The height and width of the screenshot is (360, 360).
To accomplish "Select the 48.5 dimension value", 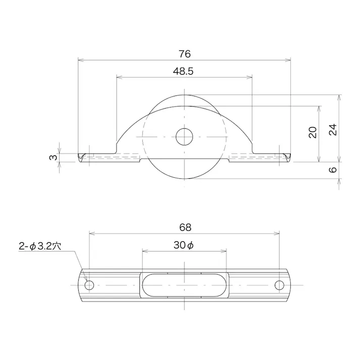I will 183,71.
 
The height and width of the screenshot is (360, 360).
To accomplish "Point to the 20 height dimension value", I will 313,132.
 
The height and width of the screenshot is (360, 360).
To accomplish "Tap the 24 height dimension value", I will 332,129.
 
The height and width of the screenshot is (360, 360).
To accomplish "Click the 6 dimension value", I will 332,170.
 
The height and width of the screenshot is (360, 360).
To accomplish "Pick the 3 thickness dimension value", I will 53,158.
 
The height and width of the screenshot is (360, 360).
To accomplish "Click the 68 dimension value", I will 185,228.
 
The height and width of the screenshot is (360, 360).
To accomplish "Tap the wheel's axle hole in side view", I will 185,136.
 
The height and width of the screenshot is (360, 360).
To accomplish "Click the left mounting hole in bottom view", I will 89,285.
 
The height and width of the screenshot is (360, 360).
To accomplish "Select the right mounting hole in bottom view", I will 279,285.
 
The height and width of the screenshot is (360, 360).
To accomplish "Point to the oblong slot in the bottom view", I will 184,285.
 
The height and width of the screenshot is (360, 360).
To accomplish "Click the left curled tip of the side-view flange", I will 81,158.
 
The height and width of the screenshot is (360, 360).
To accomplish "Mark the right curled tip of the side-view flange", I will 288,158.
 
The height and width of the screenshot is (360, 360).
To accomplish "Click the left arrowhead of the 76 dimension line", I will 80,60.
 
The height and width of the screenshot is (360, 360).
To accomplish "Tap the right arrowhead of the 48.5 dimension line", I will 250,77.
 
